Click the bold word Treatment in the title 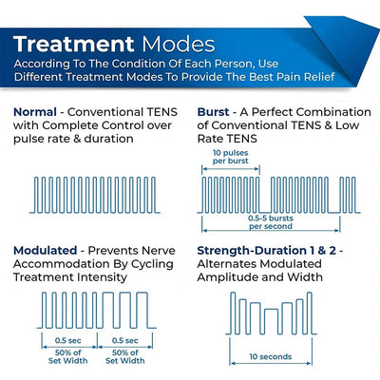73,44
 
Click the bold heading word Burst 215,111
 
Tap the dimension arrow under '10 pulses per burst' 232,168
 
